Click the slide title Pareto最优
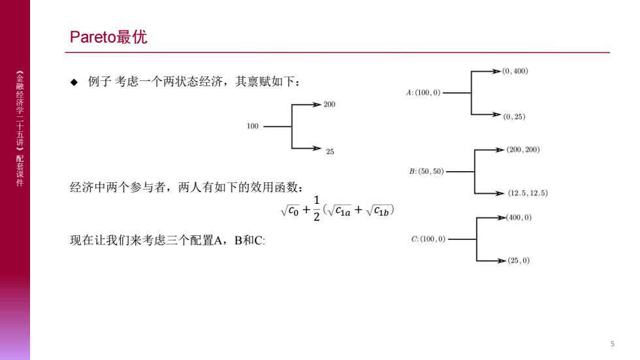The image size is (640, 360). (x=108, y=37)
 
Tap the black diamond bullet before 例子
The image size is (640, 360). (x=74, y=82)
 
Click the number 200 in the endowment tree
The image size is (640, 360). (x=329, y=105)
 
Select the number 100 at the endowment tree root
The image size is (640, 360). (x=253, y=126)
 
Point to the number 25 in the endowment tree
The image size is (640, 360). (x=330, y=152)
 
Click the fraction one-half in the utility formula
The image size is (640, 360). (x=316, y=208)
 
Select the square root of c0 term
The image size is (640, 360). (x=290, y=210)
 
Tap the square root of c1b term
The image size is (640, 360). (x=378, y=210)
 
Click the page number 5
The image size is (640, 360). (x=613, y=344)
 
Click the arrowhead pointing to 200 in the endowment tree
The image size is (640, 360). (x=317, y=105)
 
